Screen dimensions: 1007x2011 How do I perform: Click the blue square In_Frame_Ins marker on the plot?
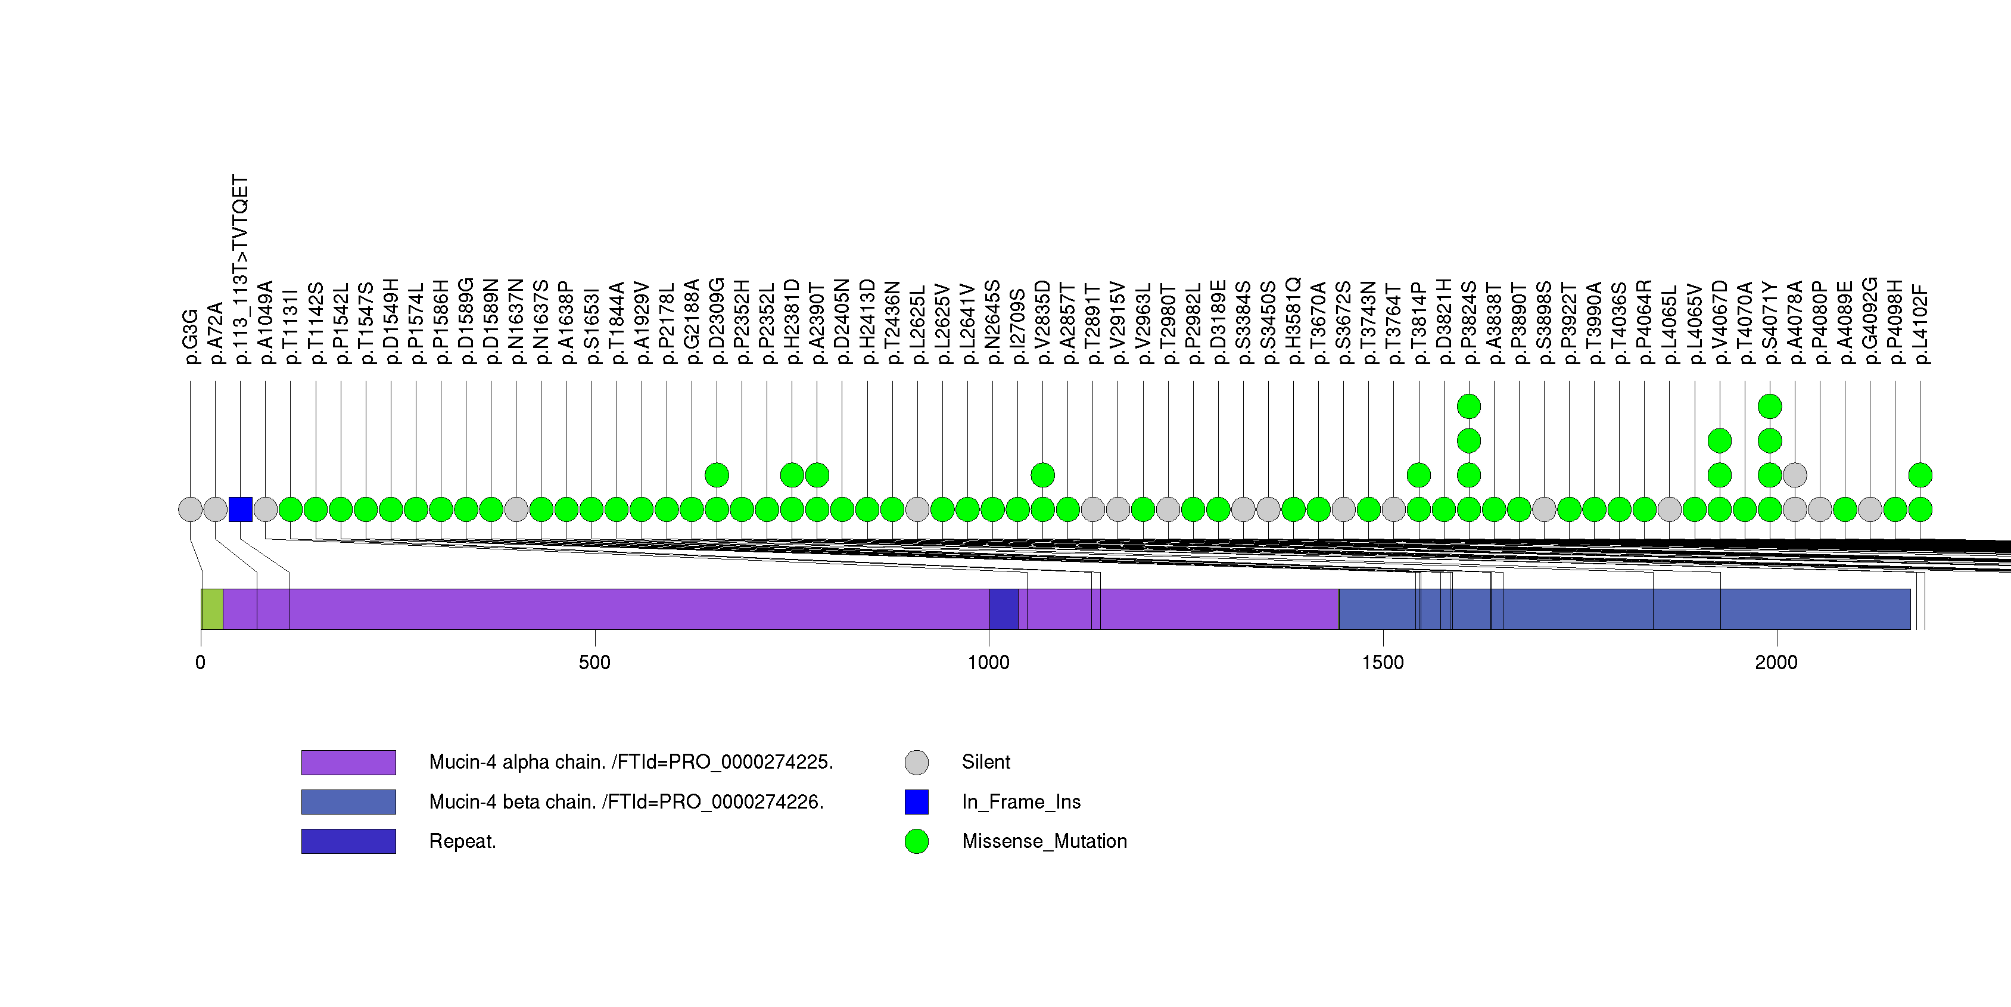coord(241,509)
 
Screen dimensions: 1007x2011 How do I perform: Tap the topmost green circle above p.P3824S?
coord(1468,406)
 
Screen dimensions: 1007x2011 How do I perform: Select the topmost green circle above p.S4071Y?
coord(1770,406)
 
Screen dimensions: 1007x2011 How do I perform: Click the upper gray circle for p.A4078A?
coord(1795,475)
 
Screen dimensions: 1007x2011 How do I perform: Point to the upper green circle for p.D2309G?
coord(717,475)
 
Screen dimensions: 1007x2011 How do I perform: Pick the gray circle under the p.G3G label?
coord(189,509)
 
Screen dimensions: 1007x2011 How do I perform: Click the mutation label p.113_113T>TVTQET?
coord(241,269)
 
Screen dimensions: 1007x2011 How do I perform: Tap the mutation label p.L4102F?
coord(1920,324)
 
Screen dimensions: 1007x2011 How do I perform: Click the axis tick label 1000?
coord(988,663)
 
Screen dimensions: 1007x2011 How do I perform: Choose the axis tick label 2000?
coord(1776,663)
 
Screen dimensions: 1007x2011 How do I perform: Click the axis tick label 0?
coord(201,663)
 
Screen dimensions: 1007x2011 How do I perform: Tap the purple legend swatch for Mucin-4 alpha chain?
coord(348,762)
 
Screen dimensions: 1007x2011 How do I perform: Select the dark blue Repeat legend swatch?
coord(348,841)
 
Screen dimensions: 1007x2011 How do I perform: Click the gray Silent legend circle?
coord(917,762)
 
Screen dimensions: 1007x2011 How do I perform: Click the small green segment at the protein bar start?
coord(211,609)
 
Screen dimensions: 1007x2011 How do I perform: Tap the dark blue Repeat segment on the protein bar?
coord(1003,609)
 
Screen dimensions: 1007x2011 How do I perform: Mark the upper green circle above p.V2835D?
coord(1043,475)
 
